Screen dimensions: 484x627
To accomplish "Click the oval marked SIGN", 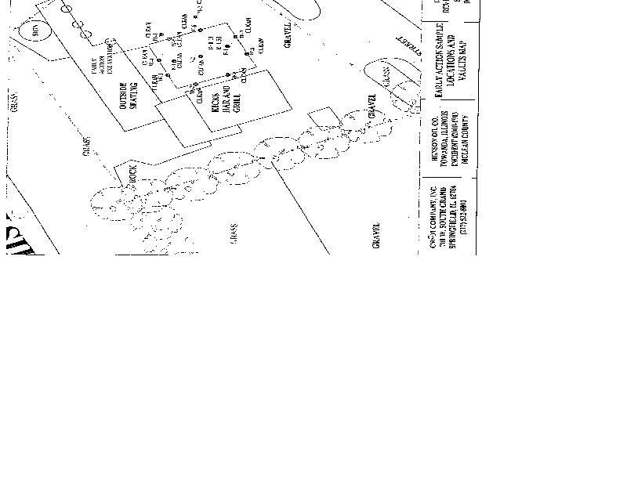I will click(35, 31).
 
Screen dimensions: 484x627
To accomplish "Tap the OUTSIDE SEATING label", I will click(127, 96).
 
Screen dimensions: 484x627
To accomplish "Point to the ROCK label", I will click(132, 173).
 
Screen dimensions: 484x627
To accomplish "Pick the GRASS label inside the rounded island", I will click(386, 75).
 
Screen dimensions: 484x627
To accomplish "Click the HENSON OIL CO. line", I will click(433, 147).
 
